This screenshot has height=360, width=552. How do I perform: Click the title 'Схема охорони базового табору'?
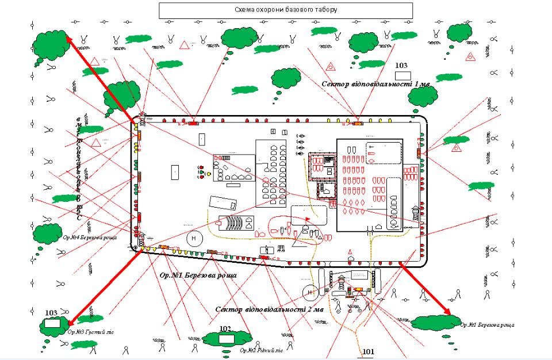click(x=286, y=10)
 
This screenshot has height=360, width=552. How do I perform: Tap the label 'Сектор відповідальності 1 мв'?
click(x=375, y=84)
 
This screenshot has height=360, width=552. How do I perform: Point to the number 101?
click(x=367, y=351)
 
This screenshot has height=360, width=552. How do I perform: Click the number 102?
click(x=225, y=329)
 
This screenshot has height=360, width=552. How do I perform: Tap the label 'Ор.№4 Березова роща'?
click(x=89, y=238)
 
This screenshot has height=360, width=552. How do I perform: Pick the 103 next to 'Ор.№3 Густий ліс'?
click(x=51, y=312)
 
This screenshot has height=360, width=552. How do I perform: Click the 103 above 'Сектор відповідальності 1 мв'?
click(x=401, y=66)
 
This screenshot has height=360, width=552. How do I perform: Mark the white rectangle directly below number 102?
click(x=226, y=338)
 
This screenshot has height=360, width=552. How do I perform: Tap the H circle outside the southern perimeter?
click(x=310, y=292)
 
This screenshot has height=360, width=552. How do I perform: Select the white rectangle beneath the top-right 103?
click(x=402, y=75)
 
